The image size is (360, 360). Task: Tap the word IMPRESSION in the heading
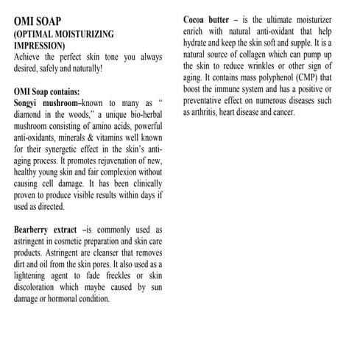tap(46, 45)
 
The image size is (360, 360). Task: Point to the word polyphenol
tap(264, 89)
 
